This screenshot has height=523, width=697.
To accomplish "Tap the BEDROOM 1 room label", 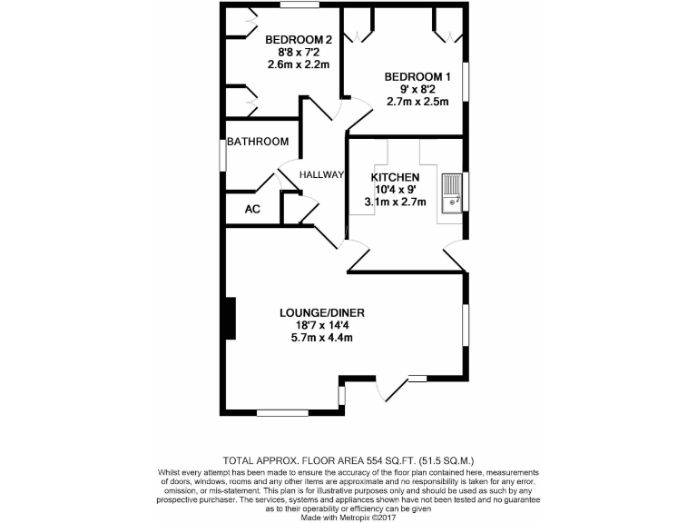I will click(417, 76).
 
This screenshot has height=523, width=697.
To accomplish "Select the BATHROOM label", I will click(258, 142).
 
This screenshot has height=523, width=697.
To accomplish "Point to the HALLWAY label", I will click(322, 175).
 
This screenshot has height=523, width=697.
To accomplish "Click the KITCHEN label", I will click(395, 177).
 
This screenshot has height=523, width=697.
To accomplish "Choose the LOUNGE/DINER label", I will click(316, 313).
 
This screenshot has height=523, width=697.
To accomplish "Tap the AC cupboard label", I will click(253, 210).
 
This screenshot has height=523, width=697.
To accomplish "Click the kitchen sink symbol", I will click(451, 192).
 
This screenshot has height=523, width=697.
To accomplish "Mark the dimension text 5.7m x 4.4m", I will click(316, 338).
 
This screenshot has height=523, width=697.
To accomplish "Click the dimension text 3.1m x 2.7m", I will click(395, 202).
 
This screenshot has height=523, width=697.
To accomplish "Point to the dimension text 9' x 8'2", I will click(417, 89).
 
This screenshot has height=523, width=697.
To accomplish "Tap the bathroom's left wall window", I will click(222, 153).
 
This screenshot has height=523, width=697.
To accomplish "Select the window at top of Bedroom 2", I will click(299, 5).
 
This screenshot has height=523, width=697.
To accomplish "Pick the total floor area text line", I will click(348, 460).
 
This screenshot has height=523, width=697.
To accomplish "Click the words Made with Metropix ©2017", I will click(348, 518).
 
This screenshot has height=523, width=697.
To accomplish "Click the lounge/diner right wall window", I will click(466, 324).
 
